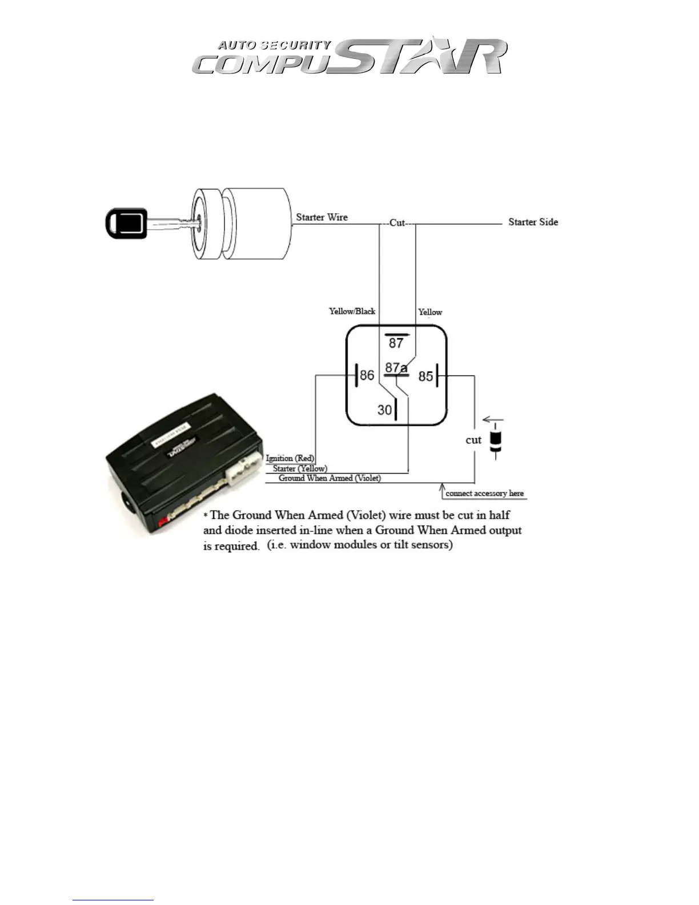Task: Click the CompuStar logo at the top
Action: [349, 57]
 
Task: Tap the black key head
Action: [127, 223]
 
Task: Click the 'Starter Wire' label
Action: [322, 217]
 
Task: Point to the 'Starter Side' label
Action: [533, 222]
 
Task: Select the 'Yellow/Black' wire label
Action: [352, 311]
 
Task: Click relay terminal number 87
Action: [396, 343]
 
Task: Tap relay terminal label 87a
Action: [396, 367]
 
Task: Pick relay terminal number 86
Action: [367, 375]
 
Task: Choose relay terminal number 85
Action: [425, 376]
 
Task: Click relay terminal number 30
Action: [384, 410]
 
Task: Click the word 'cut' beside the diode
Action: [473, 440]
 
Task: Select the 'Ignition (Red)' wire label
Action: [290, 458]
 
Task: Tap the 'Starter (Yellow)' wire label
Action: [300, 468]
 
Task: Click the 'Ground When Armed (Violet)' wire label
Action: [330, 478]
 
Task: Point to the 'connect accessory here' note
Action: [484, 493]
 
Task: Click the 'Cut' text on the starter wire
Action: [397, 223]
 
